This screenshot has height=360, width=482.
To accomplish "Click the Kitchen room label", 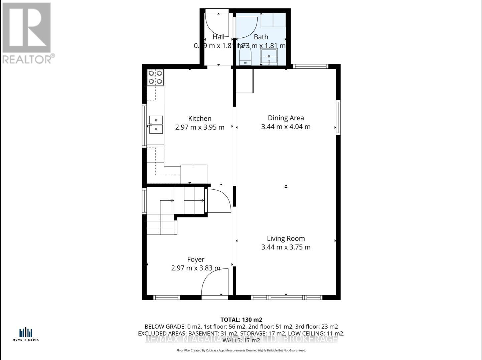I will click(200, 119).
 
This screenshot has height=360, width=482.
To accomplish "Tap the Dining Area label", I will click(286, 118).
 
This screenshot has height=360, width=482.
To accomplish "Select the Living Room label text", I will click(286, 238).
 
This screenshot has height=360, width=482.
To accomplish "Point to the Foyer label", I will click(196, 259).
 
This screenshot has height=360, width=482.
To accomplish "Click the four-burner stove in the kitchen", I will click(155, 77).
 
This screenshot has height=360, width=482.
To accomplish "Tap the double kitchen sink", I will click(156, 125).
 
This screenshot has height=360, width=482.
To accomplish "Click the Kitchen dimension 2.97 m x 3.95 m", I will click(200, 127).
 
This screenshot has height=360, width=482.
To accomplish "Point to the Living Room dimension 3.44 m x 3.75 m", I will click(286, 247).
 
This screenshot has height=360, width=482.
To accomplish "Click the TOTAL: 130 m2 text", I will click(241, 320).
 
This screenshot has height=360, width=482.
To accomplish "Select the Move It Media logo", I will click(26, 334).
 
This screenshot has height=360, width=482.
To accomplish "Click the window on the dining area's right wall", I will click(338, 117).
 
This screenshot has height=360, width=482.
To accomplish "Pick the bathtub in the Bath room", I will click(273, 20).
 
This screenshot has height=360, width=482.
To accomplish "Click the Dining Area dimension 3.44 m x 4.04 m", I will click(286, 127).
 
